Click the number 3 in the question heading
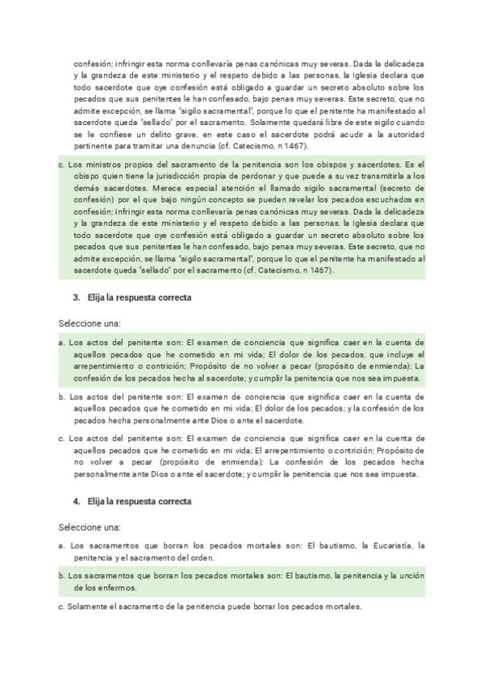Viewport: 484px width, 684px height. [75, 298]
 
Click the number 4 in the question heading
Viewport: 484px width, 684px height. [75, 501]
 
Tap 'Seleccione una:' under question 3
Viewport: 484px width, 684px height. [89, 323]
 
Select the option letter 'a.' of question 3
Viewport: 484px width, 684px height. [62, 343]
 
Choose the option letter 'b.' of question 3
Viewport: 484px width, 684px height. [62, 397]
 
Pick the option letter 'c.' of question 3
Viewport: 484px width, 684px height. [62, 439]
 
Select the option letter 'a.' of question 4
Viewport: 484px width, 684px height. [62, 546]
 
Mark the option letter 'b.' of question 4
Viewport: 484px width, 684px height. [62, 577]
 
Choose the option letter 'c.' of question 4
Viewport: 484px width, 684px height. [61, 607]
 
